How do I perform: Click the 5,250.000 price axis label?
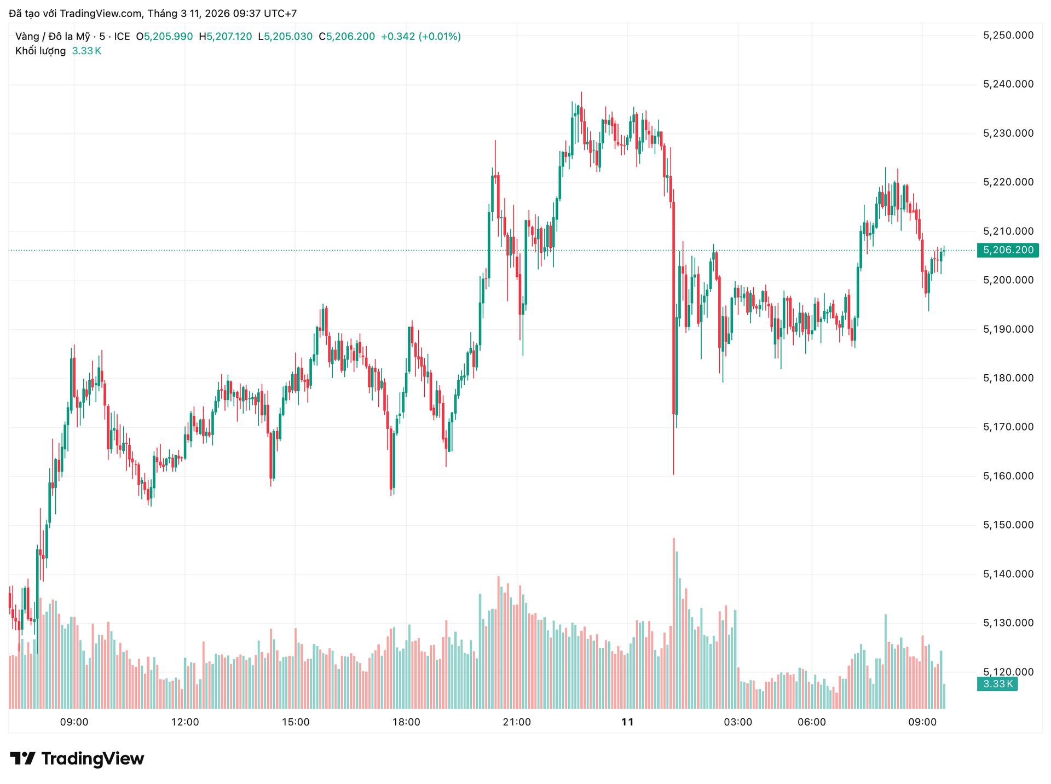click(x=1008, y=36)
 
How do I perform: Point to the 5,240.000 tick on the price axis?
click(x=1008, y=84)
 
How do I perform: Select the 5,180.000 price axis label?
click(x=1008, y=378)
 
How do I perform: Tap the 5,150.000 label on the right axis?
click(x=1008, y=525)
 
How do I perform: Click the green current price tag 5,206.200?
click(x=1008, y=250)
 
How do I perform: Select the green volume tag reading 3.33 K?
click(x=997, y=684)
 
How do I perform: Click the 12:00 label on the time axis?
click(x=185, y=722)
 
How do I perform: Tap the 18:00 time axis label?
click(x=406, y=722)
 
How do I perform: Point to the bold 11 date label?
click(x=627, y=722)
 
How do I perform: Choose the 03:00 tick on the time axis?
click(x=738, y=722)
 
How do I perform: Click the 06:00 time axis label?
click(x=812, y=722)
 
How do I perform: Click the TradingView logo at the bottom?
click(x=77, y=759)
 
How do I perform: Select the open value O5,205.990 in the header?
click(x=164, y=37)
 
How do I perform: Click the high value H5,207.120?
click(x=226, y=37)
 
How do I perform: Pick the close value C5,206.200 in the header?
click(x=347, y=37)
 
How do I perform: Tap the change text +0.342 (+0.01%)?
click(x=420, y=37)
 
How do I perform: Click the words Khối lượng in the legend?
click(x=41, y=51)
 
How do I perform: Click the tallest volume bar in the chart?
click(x=674, y=624)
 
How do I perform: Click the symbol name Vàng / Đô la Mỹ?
click(x=53, y=37)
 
